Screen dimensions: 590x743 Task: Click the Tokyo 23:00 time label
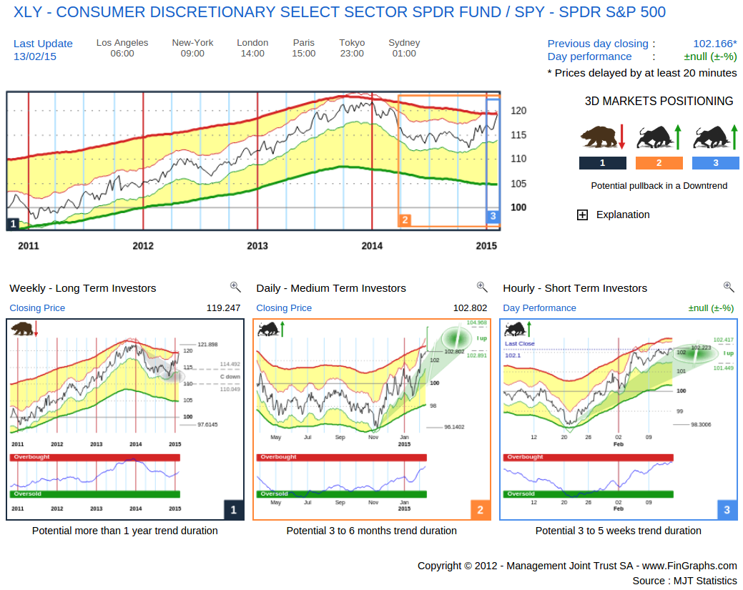(x=352, y=54)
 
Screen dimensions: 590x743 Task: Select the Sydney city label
(x=404, y=43)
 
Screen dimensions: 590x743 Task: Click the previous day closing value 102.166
(x=714, y=44)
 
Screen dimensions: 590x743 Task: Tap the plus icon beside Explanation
(x=582, y=215)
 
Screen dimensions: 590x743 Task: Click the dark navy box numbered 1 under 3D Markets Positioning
(x=602, y=163)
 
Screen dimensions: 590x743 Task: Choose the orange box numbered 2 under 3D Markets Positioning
(x=659, y=163)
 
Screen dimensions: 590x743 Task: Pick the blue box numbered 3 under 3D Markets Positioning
(x=715, y=163)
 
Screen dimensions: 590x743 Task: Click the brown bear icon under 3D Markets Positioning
(x=599, y=136)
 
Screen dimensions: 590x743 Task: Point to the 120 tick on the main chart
(x=518, y=111)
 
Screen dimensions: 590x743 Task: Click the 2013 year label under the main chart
(x=257, y=246)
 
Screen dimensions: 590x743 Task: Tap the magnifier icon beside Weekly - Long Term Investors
(x=235, y=287)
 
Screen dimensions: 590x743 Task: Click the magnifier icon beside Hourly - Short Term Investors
(x=729, y=287)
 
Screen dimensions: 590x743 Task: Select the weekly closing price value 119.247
(x=223, y=308)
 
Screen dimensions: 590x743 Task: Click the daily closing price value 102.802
(x=470, y=308)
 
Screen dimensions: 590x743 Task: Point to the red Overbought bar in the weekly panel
(x=94, y=457)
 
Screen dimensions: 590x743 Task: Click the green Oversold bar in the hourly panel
(x=588, y=494)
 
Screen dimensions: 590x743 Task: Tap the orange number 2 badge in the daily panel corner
(x=480, y=510)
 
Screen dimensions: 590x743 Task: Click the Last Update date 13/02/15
(x=35, y=56)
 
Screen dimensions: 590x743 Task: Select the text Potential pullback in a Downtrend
(x=659, y=186)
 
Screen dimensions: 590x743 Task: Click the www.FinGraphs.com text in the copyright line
(x=689, y=566)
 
